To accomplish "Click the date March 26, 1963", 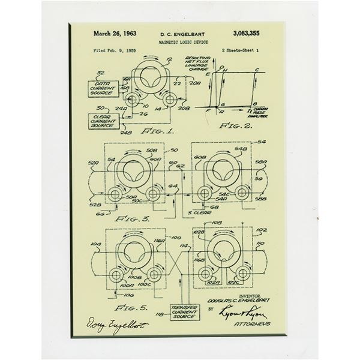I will [116, 35].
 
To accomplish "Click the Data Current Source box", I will [103, 90].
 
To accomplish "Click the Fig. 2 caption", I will [235, 128].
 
